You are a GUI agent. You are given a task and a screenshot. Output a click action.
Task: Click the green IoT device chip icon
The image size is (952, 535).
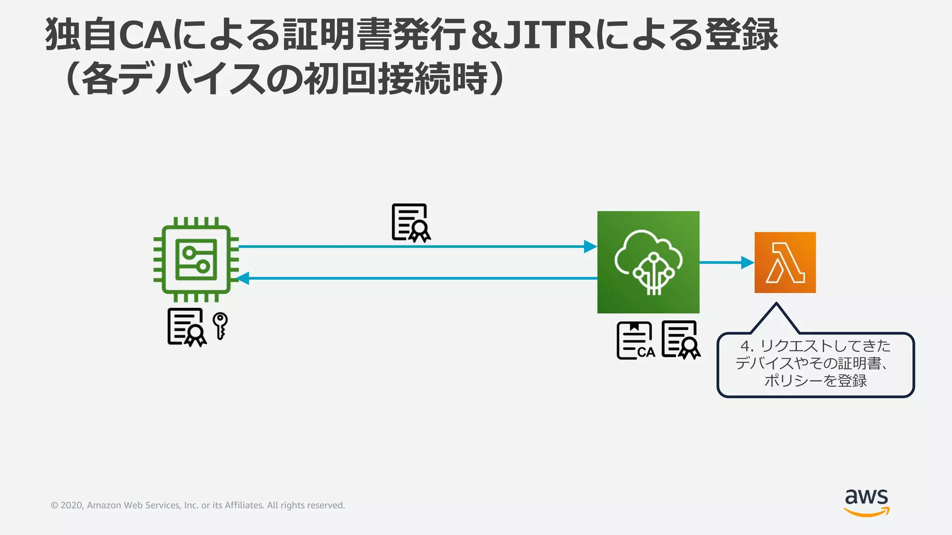click(x=196, y=260)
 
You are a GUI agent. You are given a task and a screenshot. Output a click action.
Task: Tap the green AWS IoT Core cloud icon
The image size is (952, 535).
click(x=648, y=262)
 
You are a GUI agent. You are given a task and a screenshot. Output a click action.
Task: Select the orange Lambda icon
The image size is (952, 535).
click(x=785, y=262)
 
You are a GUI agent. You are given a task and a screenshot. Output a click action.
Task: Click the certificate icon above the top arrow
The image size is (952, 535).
click(x=411, y=223)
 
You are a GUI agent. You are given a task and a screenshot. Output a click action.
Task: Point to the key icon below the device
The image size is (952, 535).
click(x=220, y=326)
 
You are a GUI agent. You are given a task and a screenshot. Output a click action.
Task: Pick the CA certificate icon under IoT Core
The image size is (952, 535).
click(x=635, y=341)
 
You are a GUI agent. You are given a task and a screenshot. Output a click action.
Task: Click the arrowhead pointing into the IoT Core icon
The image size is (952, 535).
click(x=590, y=247)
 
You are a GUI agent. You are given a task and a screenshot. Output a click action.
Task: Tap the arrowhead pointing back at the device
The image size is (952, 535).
click(x=243, y=278)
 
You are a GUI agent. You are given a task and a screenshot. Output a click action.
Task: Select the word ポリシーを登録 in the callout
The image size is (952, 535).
click(x=815, y=381)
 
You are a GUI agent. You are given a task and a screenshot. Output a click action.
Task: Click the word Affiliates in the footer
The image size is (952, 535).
click(x=244, y=505)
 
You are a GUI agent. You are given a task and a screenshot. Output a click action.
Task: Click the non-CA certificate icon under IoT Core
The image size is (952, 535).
click(x=680, y=339)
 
